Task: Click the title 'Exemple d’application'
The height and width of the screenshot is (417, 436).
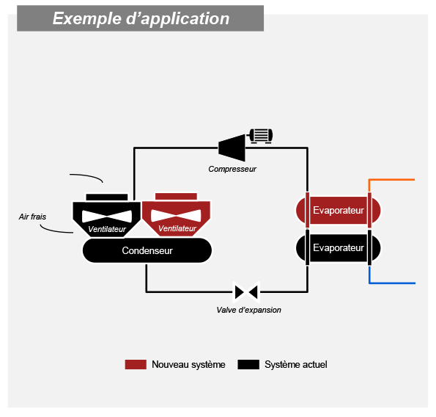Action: click(141, 18)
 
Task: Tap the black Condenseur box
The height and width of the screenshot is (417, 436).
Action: click(147, 250)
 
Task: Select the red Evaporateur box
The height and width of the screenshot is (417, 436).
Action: click(338, 210)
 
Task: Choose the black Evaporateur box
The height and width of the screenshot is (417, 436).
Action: click(338, 247)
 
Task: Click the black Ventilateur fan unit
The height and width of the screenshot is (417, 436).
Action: click(107, 220)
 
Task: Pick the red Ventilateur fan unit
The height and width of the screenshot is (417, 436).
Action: click(176, 219)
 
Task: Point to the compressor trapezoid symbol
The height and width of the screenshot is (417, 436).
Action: click(232, 148)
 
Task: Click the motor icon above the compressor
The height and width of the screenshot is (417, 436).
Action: click(261, 136)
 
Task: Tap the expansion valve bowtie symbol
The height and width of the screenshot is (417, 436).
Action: click(246, 292)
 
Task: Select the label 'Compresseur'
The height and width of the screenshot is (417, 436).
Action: click(232, 169)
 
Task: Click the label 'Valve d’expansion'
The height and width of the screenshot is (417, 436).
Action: click(248, 310)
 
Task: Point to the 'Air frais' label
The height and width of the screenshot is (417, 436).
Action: click(32, 217)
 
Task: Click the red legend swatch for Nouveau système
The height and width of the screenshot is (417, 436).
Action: click(136, 364)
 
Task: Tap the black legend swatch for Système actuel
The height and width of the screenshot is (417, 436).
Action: click(248, 364)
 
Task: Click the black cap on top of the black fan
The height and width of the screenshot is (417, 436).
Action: click(107, 197)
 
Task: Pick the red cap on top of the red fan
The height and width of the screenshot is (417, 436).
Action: click(176, 196)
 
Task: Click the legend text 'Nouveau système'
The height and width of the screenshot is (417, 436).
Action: click(188, 364)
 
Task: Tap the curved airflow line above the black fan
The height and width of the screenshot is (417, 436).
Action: click(87, 176)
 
